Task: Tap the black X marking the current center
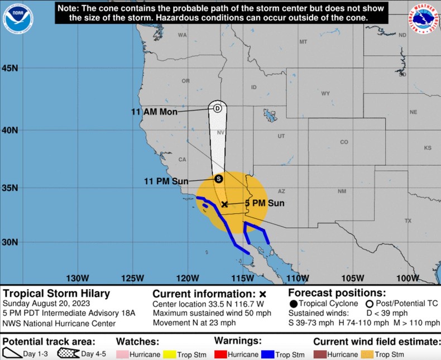click(x=224, y=204)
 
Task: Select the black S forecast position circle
click(x=218, y=179)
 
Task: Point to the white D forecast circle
click(x=217, y=108)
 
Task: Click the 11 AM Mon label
click(x=154, y=112)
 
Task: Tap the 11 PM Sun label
click(x=166, y=181)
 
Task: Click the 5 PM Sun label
click(x=265, y=203)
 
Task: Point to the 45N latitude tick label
click(x=11, y=68)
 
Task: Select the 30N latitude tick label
click(x=11, y=242)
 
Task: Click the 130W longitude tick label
click(x=78, y=279)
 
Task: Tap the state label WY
click(x=325, y=93)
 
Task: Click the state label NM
click(x=342, y=191)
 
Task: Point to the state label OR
click(x=186, y=81)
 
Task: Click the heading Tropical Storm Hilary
click(x=56, y=294)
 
